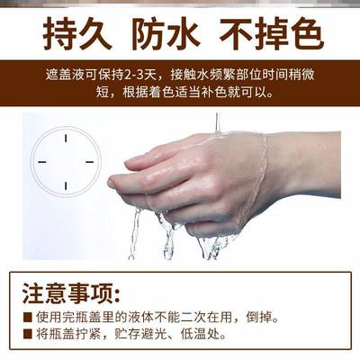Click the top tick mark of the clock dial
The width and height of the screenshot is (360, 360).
(x=65, y=138)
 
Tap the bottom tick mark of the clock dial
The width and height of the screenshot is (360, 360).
(x=65, y=186)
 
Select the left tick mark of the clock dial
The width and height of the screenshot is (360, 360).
(x=40, y=162)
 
